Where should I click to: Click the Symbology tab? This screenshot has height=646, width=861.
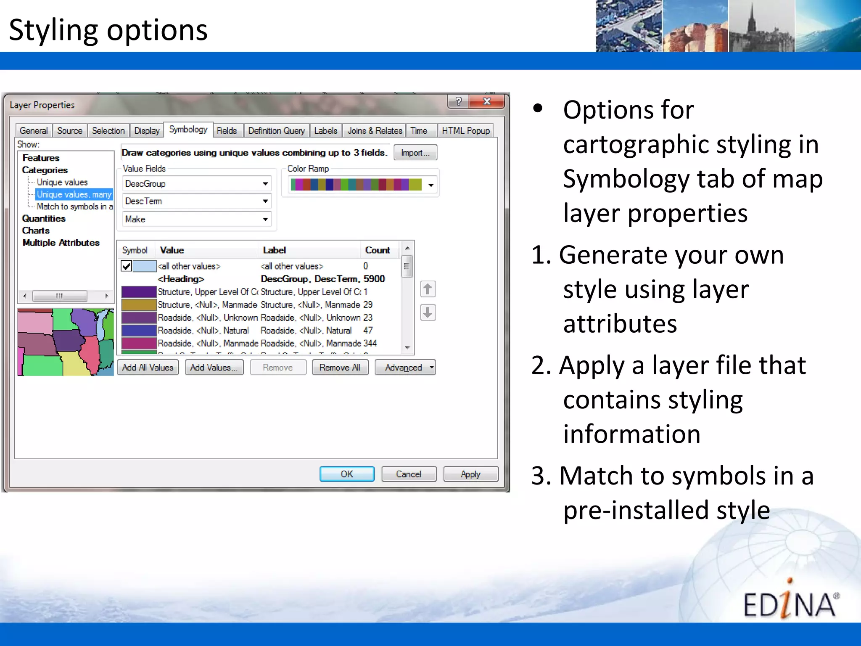click(188, 130)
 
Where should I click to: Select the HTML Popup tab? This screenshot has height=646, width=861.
click(465, 131)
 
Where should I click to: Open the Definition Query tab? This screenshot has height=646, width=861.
click(276, 131)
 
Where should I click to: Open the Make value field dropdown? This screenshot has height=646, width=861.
click(265, 219)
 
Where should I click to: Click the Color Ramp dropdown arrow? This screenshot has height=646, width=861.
click(431, 185)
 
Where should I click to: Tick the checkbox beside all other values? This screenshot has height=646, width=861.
click(126, 266)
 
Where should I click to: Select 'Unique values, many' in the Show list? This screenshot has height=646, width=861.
click(74, 194)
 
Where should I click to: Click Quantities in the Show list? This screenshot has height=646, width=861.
click(44, 218)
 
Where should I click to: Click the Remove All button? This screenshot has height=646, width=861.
click(340, 368)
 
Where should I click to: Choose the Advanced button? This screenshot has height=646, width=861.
click(404, 368)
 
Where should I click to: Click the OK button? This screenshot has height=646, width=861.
click(347, 474)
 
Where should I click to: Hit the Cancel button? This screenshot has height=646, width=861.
click(408, 474)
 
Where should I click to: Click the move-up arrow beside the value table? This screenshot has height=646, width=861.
click(428, 289)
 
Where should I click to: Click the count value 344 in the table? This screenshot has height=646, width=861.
click(370, 343)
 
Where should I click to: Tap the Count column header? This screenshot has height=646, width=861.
click(377, 250)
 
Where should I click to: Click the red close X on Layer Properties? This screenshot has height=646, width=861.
click(487, 101)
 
